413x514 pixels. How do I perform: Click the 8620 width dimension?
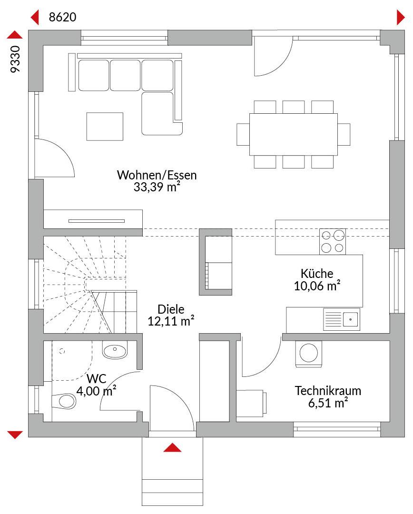click(62, 17)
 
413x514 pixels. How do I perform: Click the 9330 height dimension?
click(15, 59)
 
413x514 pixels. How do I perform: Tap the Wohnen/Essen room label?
click(157, 175)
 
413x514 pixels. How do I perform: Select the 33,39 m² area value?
click(157, 187)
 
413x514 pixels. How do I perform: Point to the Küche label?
click(317, 273)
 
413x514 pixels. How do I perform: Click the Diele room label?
click(171, 309)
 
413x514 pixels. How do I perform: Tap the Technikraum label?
click(328, 391)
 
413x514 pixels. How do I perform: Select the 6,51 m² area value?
click(328, 403)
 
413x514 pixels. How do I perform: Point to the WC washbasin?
click(115, 350)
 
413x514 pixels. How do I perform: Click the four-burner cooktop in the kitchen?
click(333, 242)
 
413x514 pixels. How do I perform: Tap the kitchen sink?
click(342, 319)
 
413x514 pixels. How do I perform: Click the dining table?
click(294, 134)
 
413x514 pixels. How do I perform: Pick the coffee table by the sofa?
click(105, 127)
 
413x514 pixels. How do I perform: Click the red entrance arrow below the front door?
click(172, 448)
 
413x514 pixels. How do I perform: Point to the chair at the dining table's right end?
click(344, 134)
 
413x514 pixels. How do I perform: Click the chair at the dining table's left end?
click(243, 134)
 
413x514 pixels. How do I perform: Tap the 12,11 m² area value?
click(171, 321)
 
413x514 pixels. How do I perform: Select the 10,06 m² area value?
click(317, 286)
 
